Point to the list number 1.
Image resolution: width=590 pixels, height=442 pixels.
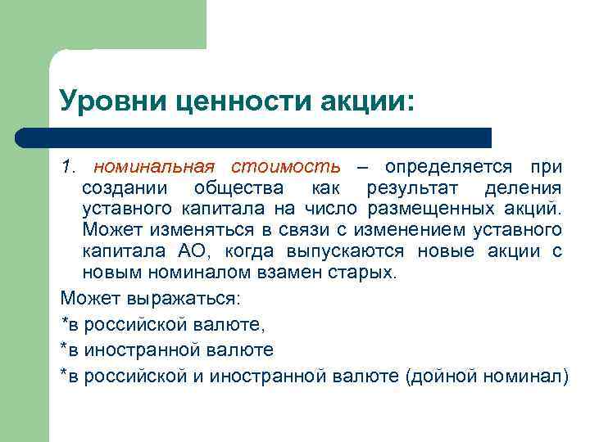(x=68, y=167)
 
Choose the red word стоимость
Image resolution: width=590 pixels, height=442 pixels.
(x=285, y=167)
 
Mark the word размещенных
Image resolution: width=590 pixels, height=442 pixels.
(x=433, y=210)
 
